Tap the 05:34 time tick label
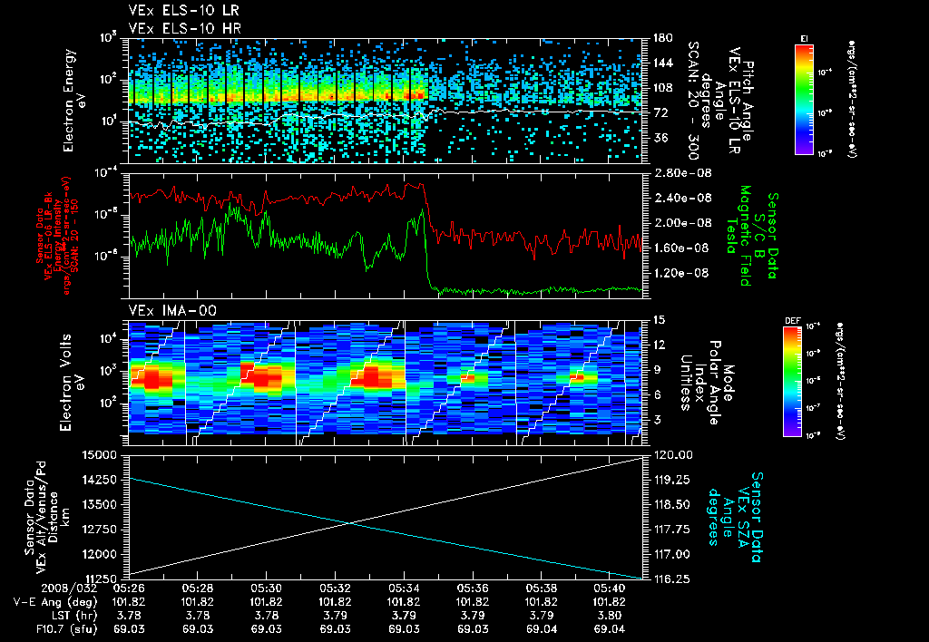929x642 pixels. point(404,588)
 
